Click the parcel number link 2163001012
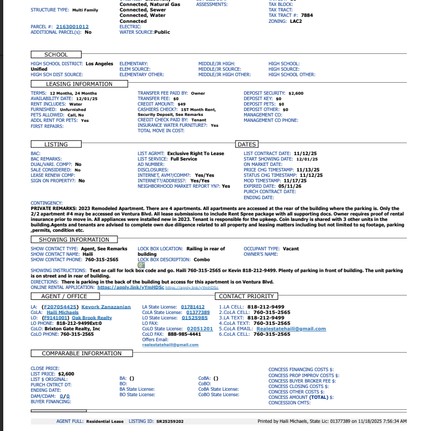point(72,26)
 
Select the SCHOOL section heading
point(56,54)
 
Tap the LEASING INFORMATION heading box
point(79,84)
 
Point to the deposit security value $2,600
point(296,93)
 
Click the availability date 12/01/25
point(87,98)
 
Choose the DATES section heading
point(246,144)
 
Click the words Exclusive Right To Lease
point(195,153)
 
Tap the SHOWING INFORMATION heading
point(74,239)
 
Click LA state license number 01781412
point(193,307)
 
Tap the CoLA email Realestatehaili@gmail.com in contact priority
point(291,329)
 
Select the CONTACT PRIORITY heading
point(246,296)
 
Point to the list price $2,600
point(66,374)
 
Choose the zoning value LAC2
point(295,21)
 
